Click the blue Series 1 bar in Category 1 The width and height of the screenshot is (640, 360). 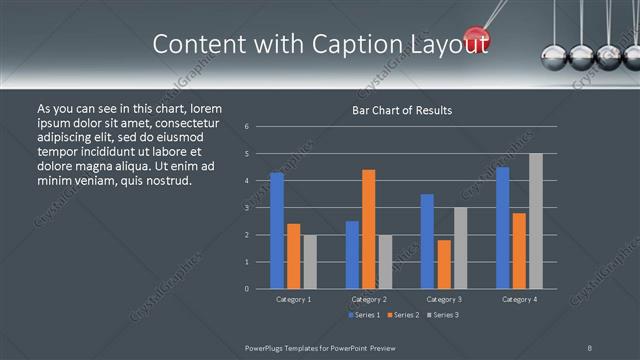(277, 231)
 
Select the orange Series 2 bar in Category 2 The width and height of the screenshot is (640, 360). (368, 229)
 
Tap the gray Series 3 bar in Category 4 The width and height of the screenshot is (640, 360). (535, 221)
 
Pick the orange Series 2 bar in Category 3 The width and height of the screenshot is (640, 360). (444, 264)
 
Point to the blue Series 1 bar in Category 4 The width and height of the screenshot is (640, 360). (502, 228)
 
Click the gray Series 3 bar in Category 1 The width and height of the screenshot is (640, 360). (309, 262)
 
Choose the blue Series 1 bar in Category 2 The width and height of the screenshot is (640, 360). (352, 255)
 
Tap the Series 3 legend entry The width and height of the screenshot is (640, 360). (442, 315)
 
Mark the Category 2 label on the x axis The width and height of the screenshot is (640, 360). (369, 299)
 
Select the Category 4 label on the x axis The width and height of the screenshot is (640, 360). (518, 299)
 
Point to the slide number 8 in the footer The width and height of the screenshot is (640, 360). (590, 346)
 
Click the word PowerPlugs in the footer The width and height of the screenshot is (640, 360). (267, 346)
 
